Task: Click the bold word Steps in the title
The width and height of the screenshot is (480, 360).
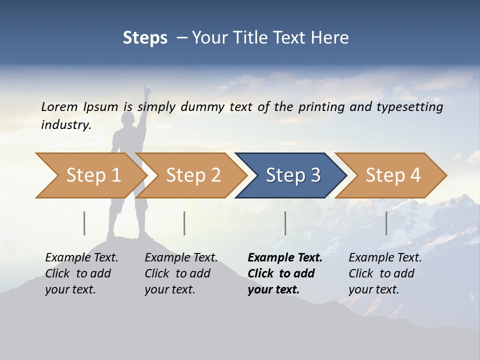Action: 145,38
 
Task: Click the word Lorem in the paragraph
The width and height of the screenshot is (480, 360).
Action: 59,106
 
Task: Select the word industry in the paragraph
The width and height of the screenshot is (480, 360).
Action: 65,125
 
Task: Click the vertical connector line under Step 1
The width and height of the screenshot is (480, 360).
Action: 84,223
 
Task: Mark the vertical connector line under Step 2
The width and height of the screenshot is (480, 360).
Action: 184,223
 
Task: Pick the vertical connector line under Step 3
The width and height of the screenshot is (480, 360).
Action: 285,223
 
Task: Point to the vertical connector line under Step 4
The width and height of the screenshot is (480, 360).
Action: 386,223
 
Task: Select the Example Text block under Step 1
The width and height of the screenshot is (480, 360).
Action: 81,273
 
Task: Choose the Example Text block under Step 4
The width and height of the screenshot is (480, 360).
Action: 385,273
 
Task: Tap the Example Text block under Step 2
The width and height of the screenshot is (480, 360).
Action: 181,273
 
